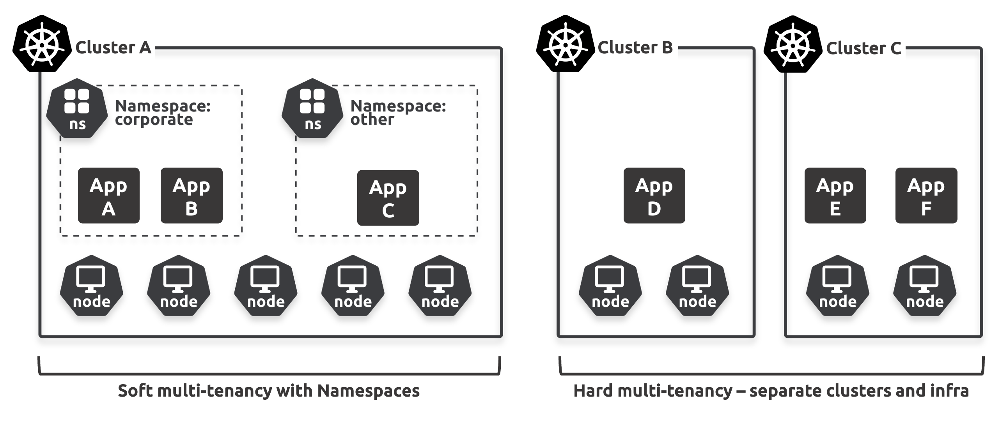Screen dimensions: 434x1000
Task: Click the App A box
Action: (x=108, y=196)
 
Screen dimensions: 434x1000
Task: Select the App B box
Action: (x=191, y=196)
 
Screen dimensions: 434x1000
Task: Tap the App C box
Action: (x=388, y=198)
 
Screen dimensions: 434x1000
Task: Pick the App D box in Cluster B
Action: (x=654, y=196)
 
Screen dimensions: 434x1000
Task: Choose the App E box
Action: (x=835, y=196)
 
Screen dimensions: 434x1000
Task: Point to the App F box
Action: (x=926, y=196)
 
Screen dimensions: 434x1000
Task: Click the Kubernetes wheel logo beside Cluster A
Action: (x=42, y=44)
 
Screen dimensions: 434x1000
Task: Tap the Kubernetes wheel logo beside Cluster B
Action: (x=566, y=44)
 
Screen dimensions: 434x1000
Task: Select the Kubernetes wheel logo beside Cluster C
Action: (x=793, y=44)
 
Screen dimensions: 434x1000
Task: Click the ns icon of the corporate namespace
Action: (x=77, y=108)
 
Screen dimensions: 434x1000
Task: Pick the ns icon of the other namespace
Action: (x=312, y=108)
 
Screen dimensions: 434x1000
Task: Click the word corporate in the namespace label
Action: (x=154, y=120)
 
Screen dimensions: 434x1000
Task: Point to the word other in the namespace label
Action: (x=372, y=120)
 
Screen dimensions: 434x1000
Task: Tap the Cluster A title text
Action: (x=113, y=48)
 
